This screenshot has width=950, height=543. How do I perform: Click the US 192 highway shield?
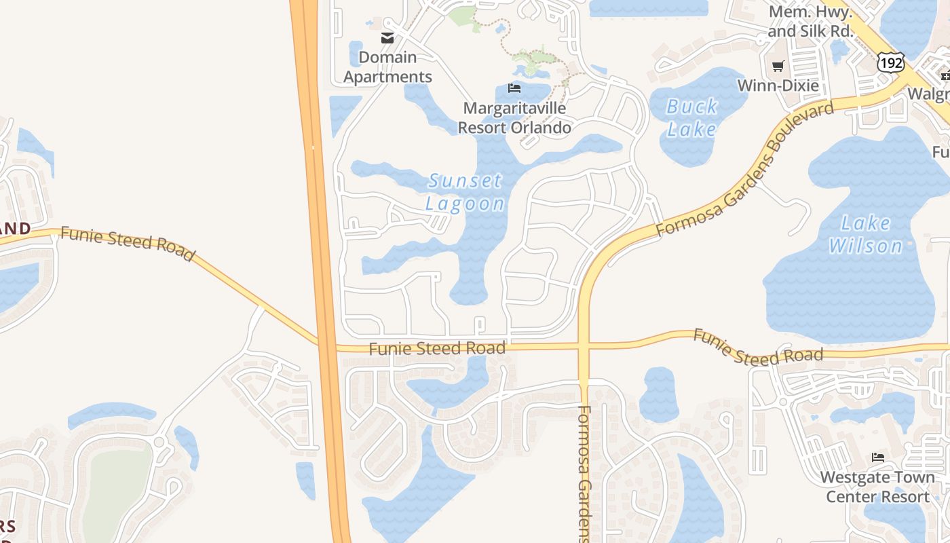[x=890, y=63]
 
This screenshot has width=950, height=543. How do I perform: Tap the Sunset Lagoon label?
[x=465, y=192]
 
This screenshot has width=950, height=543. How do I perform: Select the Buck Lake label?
[x=692, y=117]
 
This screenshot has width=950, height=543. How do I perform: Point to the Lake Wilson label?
[x=866, y=234]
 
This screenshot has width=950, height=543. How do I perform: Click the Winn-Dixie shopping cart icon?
[x=778, y=67]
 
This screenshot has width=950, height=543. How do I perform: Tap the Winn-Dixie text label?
[x=778, y=86]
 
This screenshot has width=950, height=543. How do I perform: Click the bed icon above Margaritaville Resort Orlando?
[x=514, y=88]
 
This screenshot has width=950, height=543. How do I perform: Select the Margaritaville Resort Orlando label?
[x=514, y=117]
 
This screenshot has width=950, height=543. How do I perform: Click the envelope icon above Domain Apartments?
[x=387, y=38]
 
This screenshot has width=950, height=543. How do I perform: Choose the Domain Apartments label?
[x=387, y=67]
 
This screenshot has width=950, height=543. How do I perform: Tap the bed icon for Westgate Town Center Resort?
[x=878, y=457]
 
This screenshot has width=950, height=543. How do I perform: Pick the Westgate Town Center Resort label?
[x=878, y=487]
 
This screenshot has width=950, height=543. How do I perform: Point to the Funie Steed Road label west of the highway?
[x=128, y=244]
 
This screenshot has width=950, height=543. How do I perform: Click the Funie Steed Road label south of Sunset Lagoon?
[x=438, y=349]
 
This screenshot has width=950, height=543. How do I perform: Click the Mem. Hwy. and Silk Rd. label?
[x=810, y=22]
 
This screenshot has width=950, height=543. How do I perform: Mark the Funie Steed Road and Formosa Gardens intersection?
[x=584, y=346]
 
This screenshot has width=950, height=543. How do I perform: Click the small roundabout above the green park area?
[x=159, y=443]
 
